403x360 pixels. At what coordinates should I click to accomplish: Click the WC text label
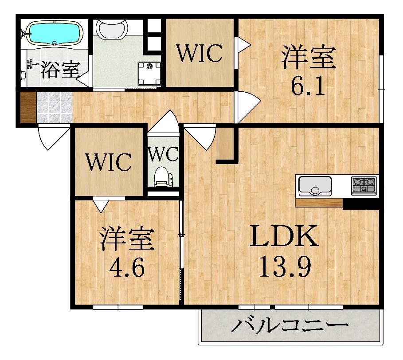pyautogui.click(x=163, y=155)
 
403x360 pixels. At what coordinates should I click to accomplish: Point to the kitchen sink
pyautogui.click(x=315, y=185)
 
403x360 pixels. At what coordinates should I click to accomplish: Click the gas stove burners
pyautogui.click(x=364, y=185)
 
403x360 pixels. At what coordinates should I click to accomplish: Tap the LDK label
pyautogui.click(x=284, y=236)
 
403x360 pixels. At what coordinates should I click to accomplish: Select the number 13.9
pyautogui.click(x=284, y=266)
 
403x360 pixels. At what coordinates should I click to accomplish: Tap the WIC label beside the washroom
pyautogui.click(x=200, y=54)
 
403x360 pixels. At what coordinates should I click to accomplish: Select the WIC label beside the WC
pyautogui.click(x=109, y=162)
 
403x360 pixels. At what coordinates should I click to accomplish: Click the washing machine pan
pyautogui.click(x=149, y=72)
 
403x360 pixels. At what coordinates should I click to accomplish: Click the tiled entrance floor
pyautogui.click(x=54, y=107)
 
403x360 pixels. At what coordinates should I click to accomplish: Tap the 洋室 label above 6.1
pyautogui.click(x=309, y=58)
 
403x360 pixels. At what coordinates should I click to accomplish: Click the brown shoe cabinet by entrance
pyautogui.click(x=28, y=107)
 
